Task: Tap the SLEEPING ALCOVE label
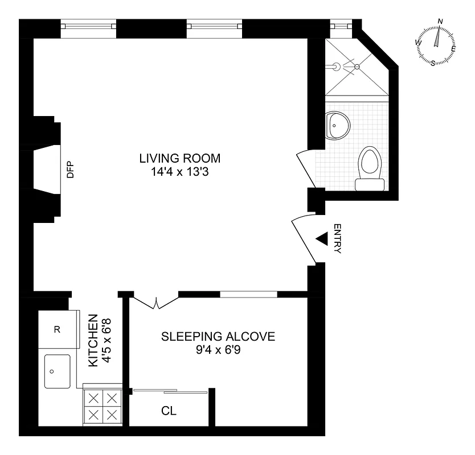218,336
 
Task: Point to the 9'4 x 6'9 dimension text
218,350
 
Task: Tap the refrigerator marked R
57,330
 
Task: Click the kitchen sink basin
56,371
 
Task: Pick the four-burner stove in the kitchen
103,405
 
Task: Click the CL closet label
169,411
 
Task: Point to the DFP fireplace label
71,171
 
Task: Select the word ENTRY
337,239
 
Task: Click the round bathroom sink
338,125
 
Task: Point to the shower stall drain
358,67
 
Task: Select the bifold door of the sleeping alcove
156,303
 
